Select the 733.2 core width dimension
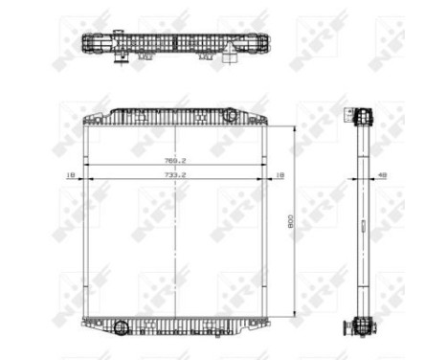pos(176,176)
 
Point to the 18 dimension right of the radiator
pos(279,176)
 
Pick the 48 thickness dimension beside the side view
pos(383,176)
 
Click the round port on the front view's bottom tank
pos(121,328)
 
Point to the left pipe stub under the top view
pos(122,58)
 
